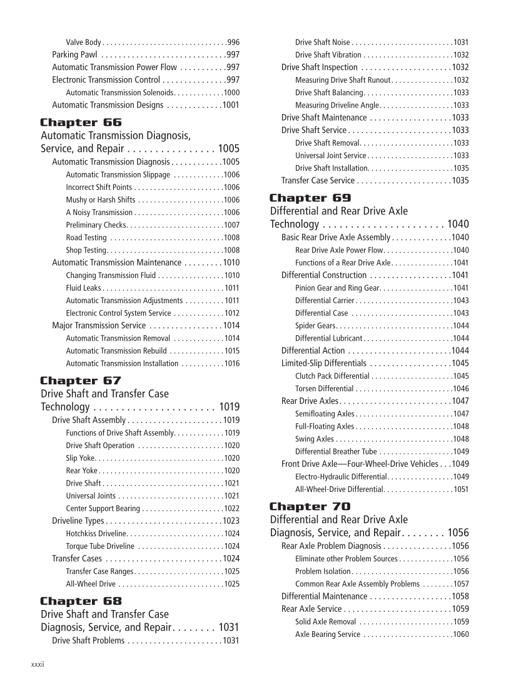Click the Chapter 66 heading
81,122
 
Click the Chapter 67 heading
81,381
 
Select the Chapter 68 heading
81,601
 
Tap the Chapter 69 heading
310,198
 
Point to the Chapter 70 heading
310,506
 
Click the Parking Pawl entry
74,55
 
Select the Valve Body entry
83,42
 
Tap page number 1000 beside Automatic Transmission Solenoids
231,92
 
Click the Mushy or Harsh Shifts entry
100,200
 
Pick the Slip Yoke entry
80,458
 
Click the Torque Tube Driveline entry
100,546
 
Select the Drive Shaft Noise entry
322,42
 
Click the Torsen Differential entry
325,389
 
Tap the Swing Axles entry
314,439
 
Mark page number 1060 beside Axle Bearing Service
461,634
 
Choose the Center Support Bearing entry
103,508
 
